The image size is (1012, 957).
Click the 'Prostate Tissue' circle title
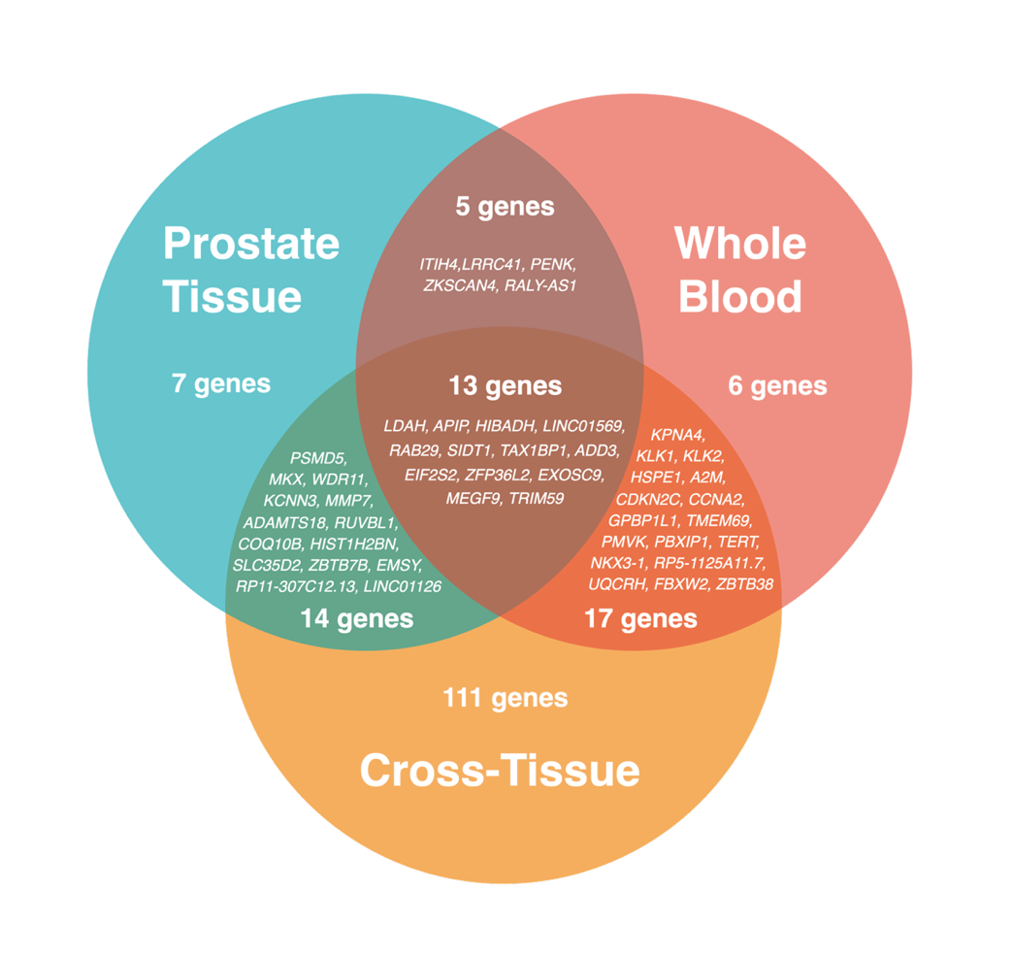click(250, 269)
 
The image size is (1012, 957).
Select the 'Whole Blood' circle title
click(740, 269)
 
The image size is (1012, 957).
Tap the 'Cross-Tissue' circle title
click(500, 771)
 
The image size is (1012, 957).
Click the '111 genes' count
click(505, 698)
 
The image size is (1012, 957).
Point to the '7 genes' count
click(221, 383)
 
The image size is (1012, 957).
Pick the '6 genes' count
click(777, 386)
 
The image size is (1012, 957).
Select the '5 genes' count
click(505, 207)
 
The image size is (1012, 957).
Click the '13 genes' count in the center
click(505, 386)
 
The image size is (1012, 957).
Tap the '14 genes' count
click(356, 618)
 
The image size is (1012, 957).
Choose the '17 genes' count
click(640, 618)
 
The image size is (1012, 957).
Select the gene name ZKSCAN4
click(460, 285)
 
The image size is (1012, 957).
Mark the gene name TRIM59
click(537, 498)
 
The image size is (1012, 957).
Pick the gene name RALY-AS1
click(544, 285)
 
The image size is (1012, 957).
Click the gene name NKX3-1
click(617, 563)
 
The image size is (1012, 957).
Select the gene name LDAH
click(404, 426)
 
